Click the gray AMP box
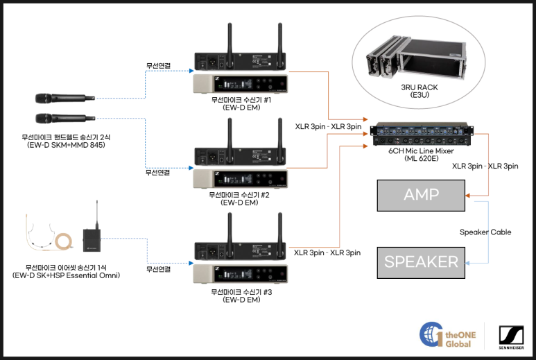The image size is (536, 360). point(421,195)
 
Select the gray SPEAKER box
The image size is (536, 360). point(421,262)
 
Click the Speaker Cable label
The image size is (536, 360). point(485,232)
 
